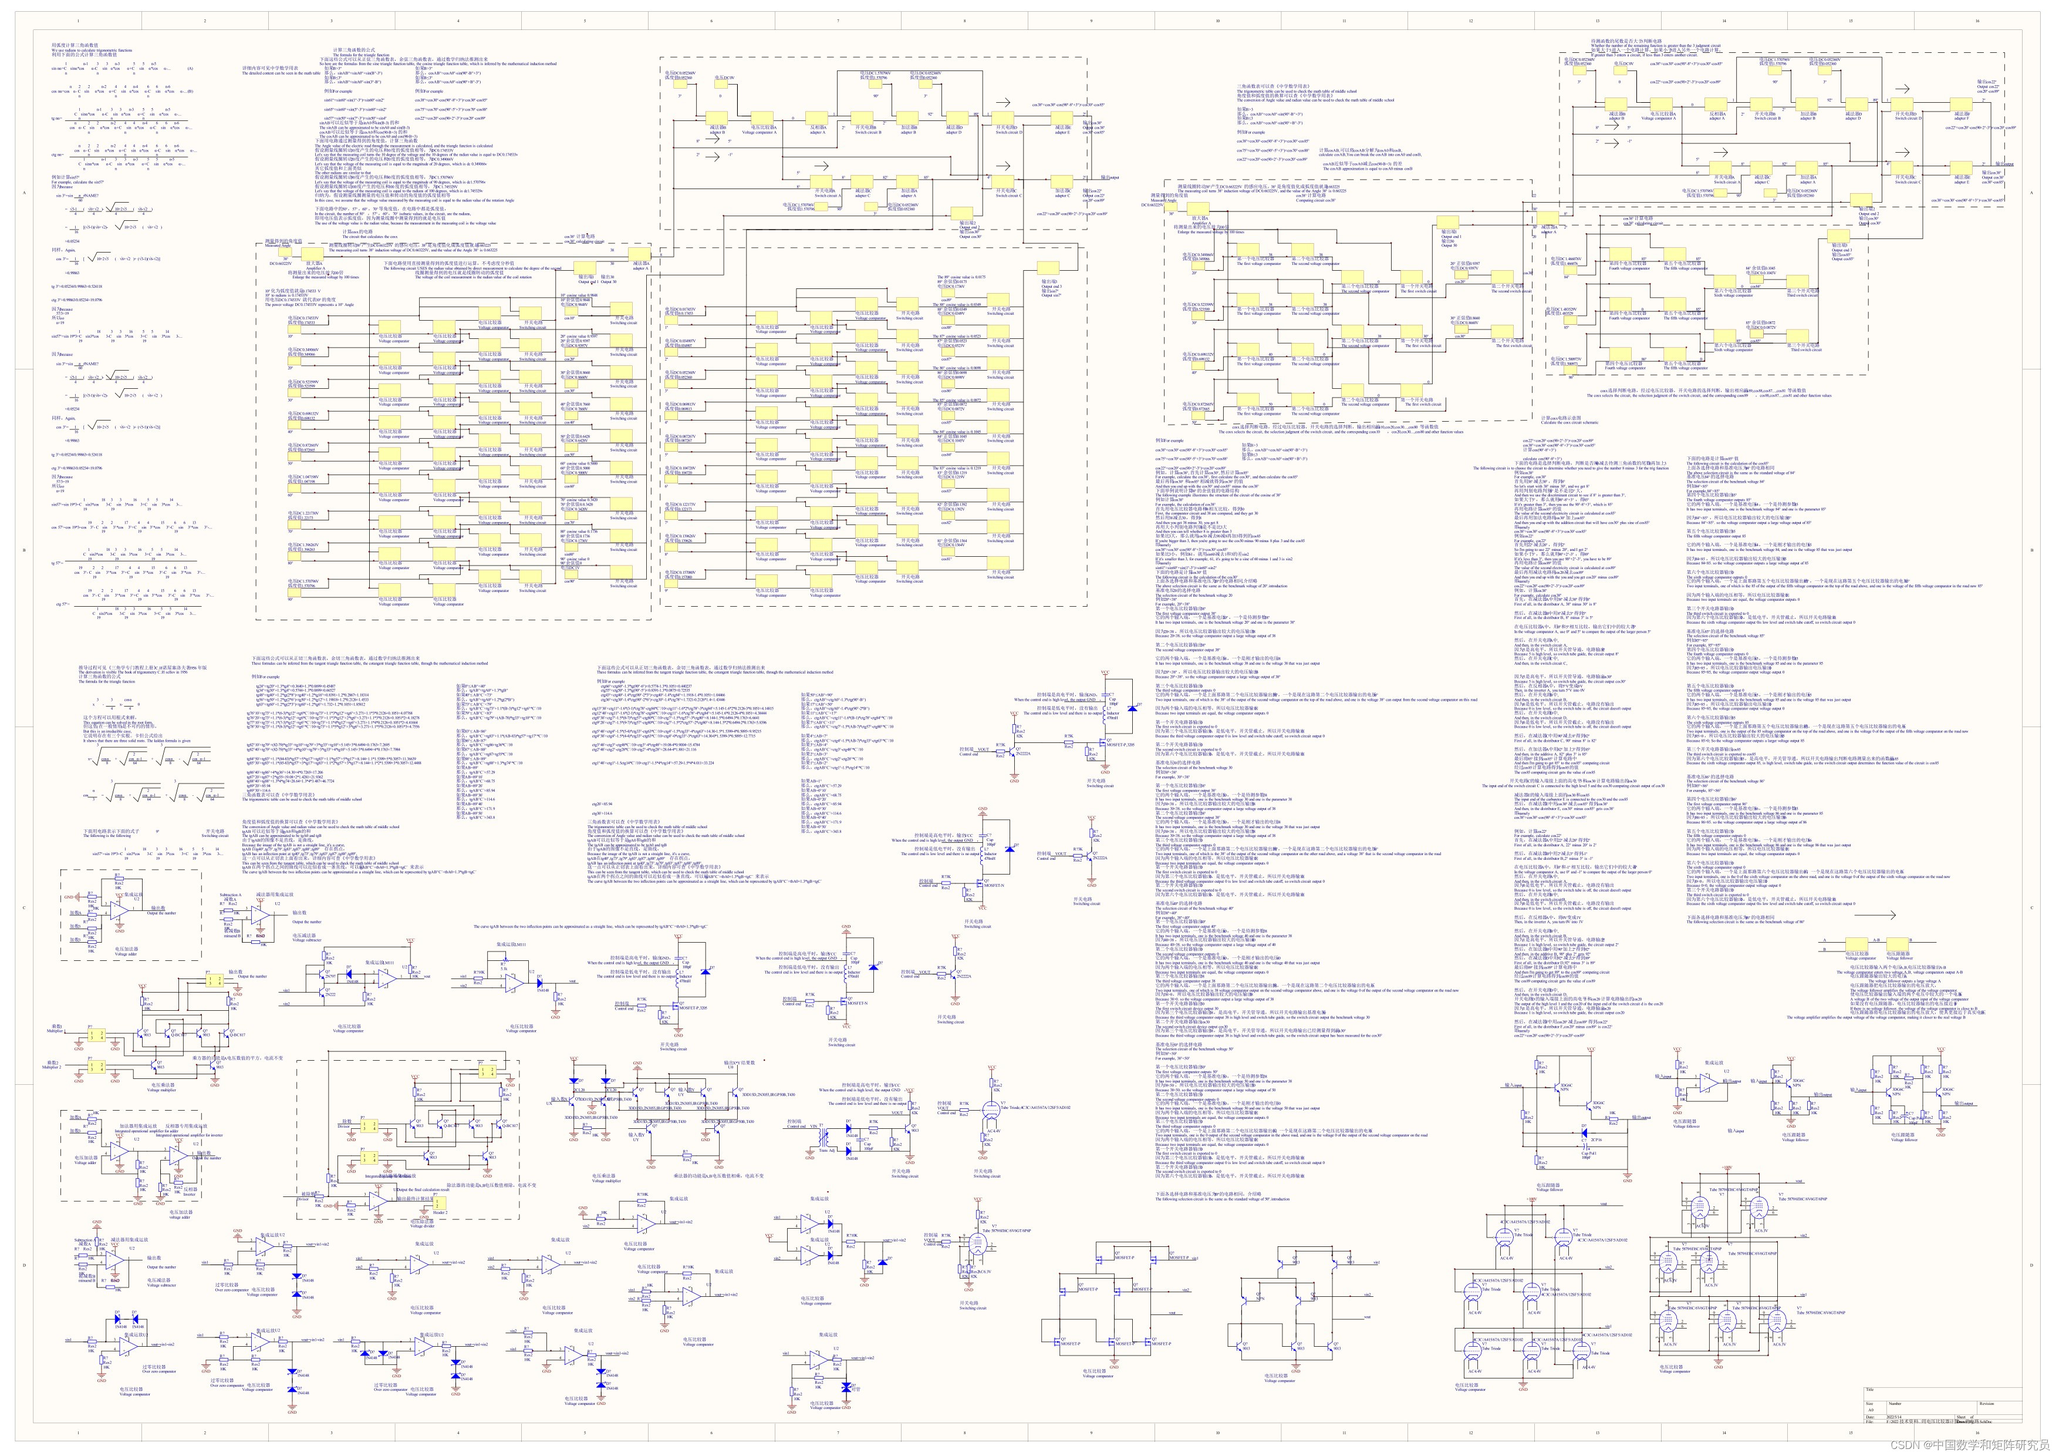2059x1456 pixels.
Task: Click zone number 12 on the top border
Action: point(1471,21)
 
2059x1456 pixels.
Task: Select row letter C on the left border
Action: point(24,908)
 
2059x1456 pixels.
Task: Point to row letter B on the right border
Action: point(2031,550)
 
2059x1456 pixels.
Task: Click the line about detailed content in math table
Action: point(282,73)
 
